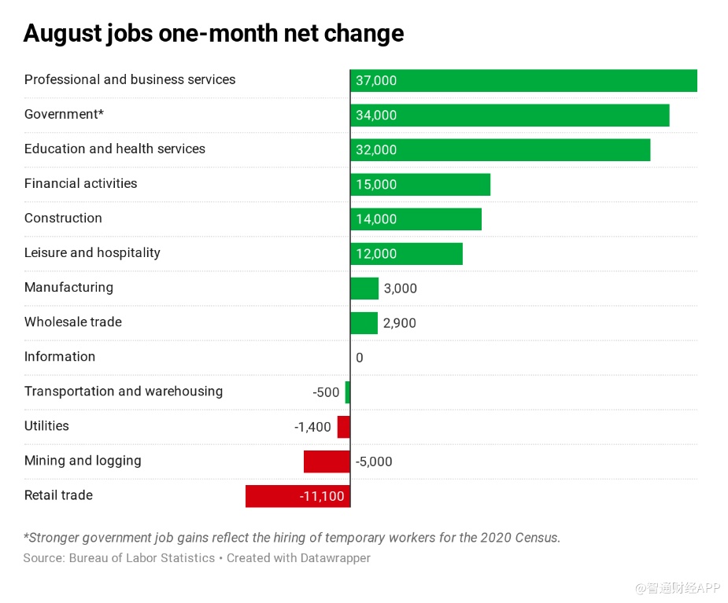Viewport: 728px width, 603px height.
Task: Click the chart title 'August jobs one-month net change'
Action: [213, 34]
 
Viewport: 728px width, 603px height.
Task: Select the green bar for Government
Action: [510, 116]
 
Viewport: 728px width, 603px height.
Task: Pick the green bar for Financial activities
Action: [420, 185]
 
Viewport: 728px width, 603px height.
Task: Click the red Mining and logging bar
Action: [327, 461]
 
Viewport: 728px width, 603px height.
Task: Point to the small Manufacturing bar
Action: [364, 289]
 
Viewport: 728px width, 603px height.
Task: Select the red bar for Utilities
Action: [344, 427]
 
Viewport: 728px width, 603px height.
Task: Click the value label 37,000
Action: [376, 81]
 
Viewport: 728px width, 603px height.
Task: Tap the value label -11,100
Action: [321, 496]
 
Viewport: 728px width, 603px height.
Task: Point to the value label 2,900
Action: [400, 323]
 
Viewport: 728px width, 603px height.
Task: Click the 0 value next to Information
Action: [360, 358]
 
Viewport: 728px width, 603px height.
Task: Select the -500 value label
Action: [326, 392]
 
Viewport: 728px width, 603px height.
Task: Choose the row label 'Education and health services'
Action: [115, 149]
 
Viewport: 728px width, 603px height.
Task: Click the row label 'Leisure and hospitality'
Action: [92, 252]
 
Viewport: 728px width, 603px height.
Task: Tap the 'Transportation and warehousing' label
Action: [124, 391]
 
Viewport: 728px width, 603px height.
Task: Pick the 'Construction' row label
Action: [63, 218]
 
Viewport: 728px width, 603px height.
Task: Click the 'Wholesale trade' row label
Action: [73, 322]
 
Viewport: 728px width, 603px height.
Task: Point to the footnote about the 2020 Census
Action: [292, 538]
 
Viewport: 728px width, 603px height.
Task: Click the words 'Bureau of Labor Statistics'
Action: [142, 558]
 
